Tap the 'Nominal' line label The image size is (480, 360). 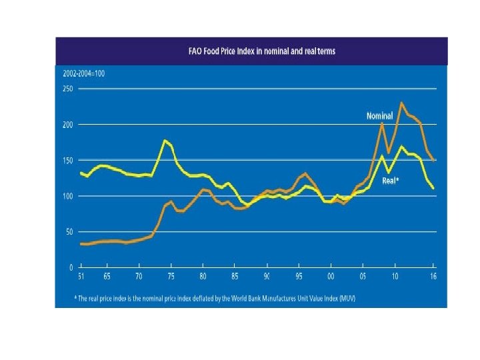[x=379, y=116]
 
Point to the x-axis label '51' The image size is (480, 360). [x=81, y=276]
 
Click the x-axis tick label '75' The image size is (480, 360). [x=171, y=276]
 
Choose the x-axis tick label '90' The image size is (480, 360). [x=267, y=276]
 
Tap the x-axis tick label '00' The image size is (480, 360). [x=331, y=276]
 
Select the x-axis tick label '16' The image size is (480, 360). [x=433, y=276]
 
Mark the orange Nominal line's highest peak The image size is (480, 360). [x=401, y=103]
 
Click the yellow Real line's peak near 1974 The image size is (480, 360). [x=165, y=140]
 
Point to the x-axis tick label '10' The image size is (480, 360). [x=395, y=276]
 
